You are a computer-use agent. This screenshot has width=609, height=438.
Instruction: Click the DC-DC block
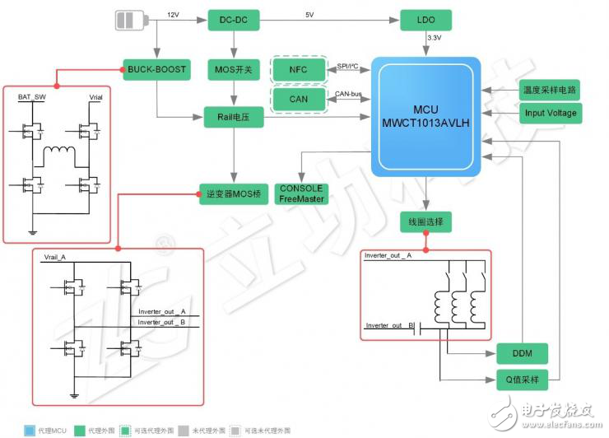pos(225,20)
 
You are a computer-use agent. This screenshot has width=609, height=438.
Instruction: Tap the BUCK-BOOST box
pos(156,70)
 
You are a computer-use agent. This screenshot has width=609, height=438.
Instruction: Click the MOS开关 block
pos(231,70)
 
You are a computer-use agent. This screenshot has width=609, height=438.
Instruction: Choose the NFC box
pos(298,70)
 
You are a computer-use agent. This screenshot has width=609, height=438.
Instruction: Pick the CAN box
pos(298,100)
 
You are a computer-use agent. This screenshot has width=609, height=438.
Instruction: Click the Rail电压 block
pos(233,118)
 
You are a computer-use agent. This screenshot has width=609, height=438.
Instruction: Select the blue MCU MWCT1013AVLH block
pos(426,116)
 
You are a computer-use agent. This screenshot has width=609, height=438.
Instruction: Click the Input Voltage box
pos(551,113)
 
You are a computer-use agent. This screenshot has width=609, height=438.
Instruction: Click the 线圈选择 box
pos(426,222)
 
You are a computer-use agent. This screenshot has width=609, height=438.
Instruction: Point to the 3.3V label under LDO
pos(435,39)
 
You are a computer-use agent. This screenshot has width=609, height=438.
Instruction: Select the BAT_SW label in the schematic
pos(32,97)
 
